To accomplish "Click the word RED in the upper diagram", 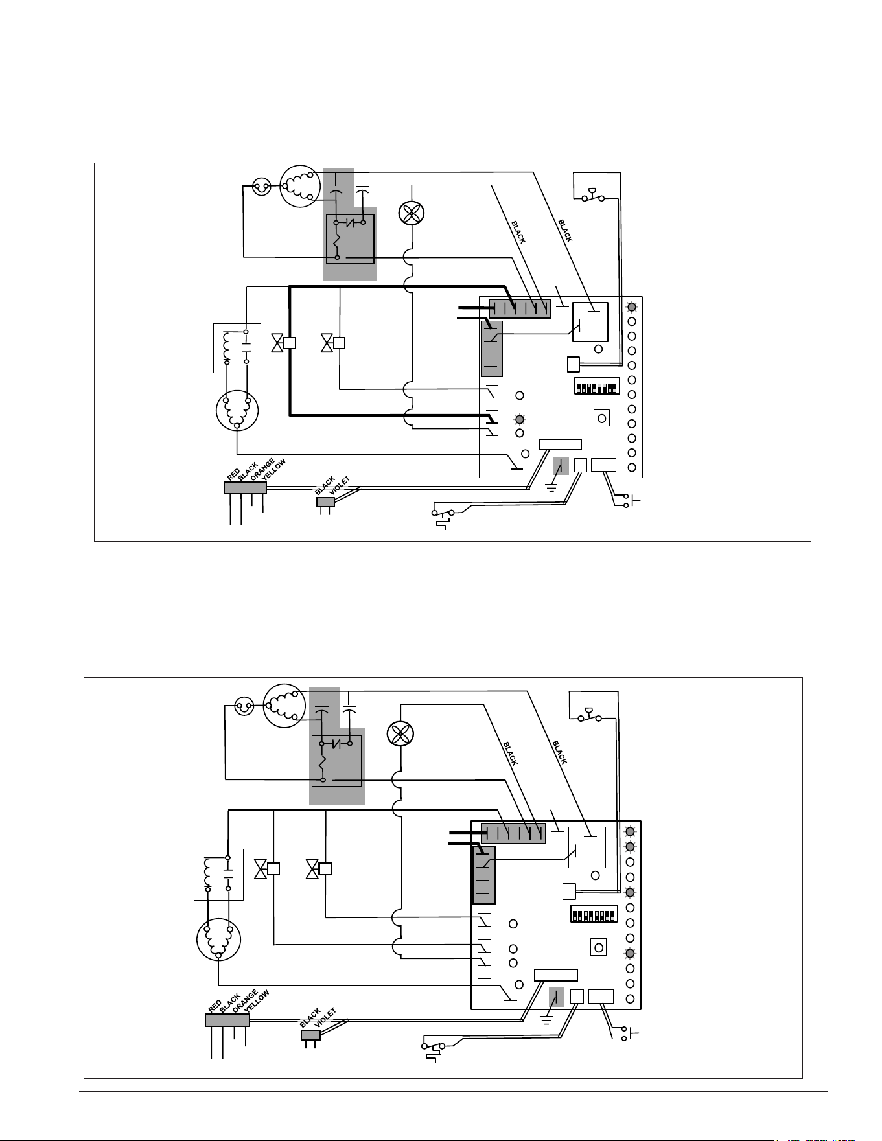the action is click(234, 474).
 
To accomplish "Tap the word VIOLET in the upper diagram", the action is click(340, 485).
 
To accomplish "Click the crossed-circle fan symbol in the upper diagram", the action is click(410, 213).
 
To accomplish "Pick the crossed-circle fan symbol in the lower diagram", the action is click(400, 733).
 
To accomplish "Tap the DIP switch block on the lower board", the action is click(594, 914).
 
